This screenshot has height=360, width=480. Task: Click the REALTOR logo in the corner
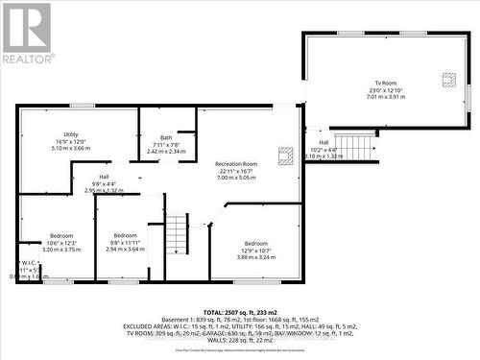(27, 33)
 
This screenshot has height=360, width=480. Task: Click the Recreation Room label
(236, 164)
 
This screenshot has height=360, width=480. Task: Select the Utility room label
(71, 134)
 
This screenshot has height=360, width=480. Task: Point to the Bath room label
(166, 137)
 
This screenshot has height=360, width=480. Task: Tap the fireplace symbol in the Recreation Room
(285, 154)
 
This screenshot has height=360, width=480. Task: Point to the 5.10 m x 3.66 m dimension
(70, 150)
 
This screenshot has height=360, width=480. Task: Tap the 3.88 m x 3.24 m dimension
(255, 257)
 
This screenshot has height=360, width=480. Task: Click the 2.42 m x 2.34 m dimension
(166, 152)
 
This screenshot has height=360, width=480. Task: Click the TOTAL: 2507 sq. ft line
(240, 313)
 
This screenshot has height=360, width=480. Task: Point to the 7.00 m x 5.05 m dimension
(236, 178)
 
